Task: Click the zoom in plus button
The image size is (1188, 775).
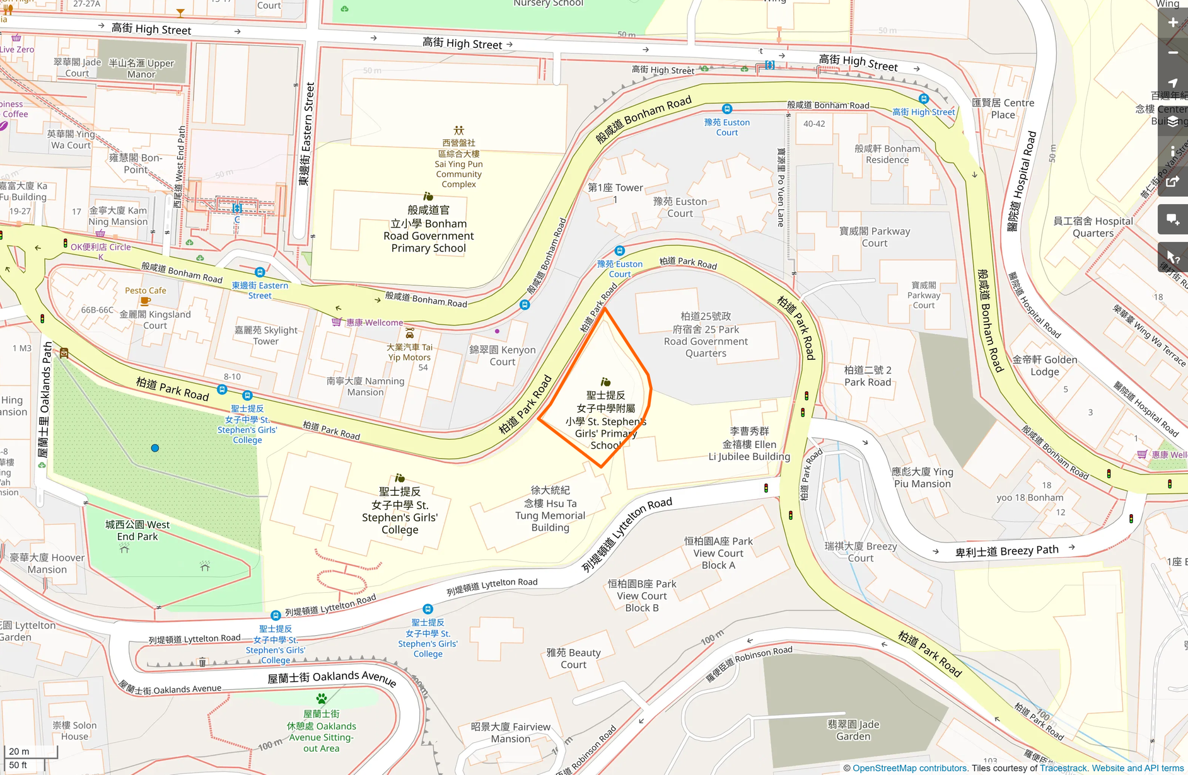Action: click(x=1172, y=23)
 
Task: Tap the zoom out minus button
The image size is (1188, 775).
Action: click(x=1172, y=53)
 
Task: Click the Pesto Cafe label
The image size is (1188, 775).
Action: click(x=146, y=290)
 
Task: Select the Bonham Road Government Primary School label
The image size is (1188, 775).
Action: click(x=428, y=229)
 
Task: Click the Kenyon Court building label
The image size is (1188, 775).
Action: click(x=502, y=355)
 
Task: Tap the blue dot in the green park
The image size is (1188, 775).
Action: click(x=155, y=448)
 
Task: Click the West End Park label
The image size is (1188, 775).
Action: click(x=137, y=531)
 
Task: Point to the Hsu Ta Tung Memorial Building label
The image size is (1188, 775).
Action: click(x=550, y=508)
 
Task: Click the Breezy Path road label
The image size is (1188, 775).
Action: click(x=1006, y=551)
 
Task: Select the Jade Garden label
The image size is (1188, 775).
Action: click(x=853, y=730)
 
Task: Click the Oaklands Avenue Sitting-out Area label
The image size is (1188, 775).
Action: click(x=321, y=731)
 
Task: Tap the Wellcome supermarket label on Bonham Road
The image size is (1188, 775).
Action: click(x=374, y=323)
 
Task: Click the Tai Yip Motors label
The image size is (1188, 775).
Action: click(x=409, y=352)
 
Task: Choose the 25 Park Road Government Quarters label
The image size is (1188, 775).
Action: click(x=706, y=335)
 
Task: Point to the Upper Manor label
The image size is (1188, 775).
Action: click(x=141, y=69)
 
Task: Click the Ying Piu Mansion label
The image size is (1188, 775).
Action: click(x=922, y=478)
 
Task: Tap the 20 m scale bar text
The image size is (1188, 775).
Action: click(x=19, y=751)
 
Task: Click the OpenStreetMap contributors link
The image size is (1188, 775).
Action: click(x=909, y=768)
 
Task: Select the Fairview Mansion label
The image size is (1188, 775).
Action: click(x=510, y=733)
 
